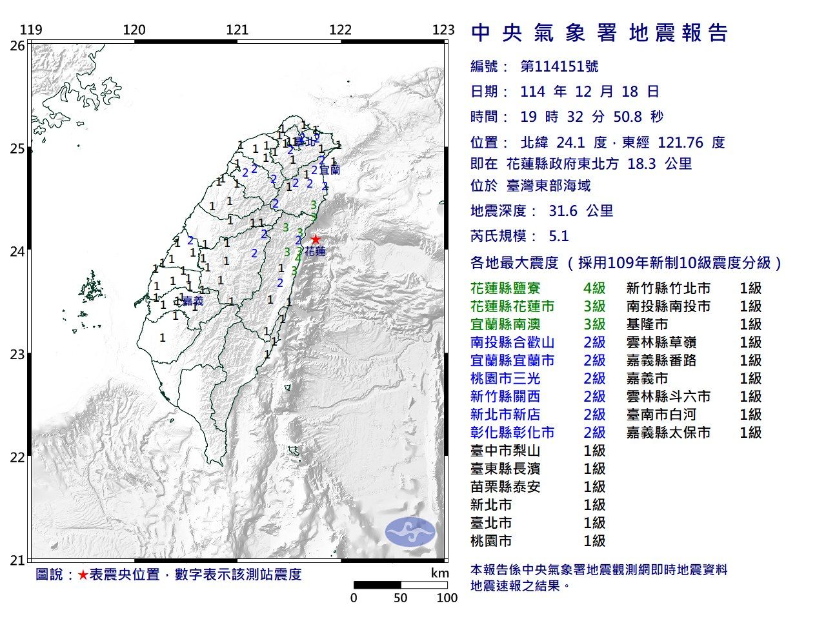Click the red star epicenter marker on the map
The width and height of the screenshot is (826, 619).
point(315,239)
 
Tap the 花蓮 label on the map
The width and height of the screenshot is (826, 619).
point(315,252)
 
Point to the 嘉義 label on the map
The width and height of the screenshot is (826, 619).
point(192,301)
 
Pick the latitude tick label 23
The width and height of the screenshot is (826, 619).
point(17,354)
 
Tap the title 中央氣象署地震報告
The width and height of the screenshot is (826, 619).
point(600,33)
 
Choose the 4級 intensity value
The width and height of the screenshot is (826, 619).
point(594,288)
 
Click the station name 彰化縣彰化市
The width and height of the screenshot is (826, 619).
point(512,433)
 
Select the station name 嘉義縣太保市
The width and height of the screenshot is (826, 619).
point(668,433)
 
